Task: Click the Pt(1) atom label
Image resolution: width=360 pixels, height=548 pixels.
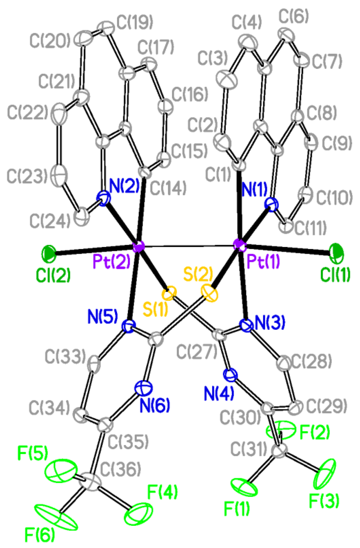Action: [263, 261]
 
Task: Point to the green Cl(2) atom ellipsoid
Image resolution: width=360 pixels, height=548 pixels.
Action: [49, 253]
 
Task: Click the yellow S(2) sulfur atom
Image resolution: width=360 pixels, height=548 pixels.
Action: [210, 293]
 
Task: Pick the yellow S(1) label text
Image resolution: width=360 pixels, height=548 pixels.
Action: [155, 308]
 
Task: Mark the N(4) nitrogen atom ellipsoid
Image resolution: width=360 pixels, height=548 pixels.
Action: [231, 375]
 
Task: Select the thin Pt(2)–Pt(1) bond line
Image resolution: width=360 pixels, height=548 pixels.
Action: [188, 246]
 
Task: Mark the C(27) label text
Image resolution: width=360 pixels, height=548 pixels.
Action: [196, 352]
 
